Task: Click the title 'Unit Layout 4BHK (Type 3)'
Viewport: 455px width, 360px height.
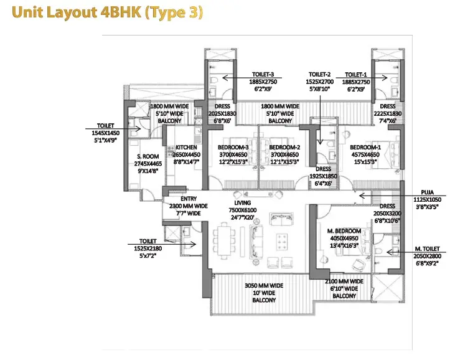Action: [107, 12]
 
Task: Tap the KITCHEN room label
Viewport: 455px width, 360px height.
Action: [186, 148]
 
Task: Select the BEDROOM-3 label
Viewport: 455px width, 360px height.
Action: [233, 148]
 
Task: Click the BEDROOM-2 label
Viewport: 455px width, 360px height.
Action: [284, 148]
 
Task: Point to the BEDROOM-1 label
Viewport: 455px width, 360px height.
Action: [365, 148]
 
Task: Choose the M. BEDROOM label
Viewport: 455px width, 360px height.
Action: [344, 231]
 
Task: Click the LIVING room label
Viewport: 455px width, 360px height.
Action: [243, 203]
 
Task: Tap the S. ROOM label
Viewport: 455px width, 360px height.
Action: [148, 156]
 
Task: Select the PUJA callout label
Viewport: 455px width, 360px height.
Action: [428, 192]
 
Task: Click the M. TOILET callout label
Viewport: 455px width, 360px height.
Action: [427, 249]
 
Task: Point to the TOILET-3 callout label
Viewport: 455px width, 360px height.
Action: [263, 75]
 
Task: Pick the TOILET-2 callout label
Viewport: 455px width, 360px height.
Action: [319, 75]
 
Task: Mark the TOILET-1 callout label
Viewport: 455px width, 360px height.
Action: [356, 75]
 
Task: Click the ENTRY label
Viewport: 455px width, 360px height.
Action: [189, 199]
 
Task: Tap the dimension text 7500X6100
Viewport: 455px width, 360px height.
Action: [243, 210]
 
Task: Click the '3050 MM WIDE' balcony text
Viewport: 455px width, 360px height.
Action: [264, 286]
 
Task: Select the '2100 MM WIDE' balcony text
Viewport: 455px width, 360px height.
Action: [344, 282]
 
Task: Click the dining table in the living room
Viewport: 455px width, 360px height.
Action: [223, 240]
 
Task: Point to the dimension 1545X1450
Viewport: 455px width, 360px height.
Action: [106, 133]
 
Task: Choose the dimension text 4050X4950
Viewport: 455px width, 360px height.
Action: [344, 239]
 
